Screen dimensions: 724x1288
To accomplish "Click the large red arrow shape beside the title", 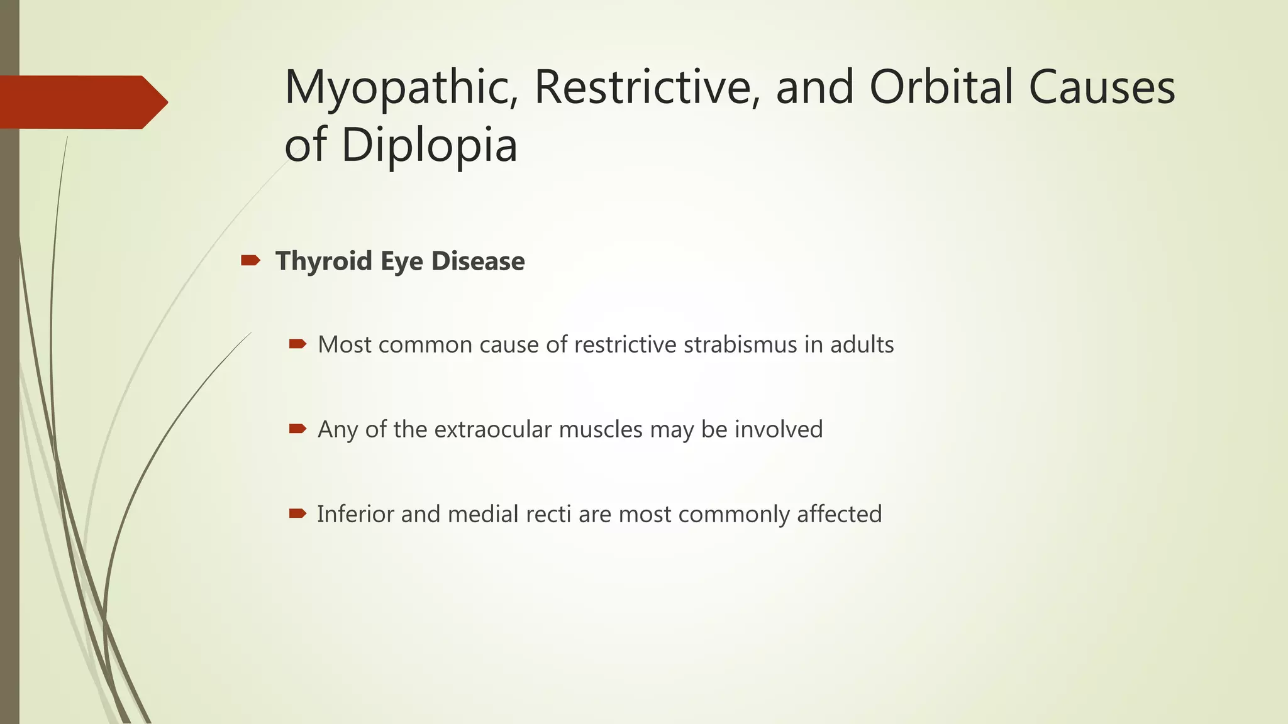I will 82,102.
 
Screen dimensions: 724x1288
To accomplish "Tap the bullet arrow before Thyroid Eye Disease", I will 250,260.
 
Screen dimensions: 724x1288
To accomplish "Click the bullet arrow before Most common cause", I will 297,344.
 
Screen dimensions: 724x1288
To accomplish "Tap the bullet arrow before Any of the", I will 297,429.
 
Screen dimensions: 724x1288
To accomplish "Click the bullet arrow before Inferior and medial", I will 297,513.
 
